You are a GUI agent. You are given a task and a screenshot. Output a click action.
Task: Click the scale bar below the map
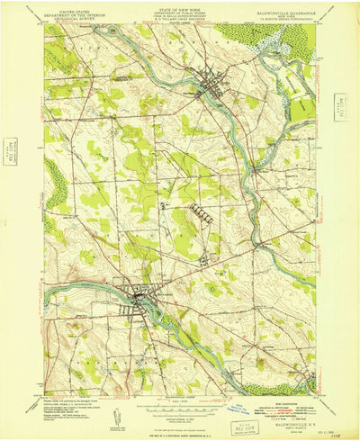click(x=179, y=401)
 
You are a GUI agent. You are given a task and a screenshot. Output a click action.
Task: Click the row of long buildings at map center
click(x=200, y=213)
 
